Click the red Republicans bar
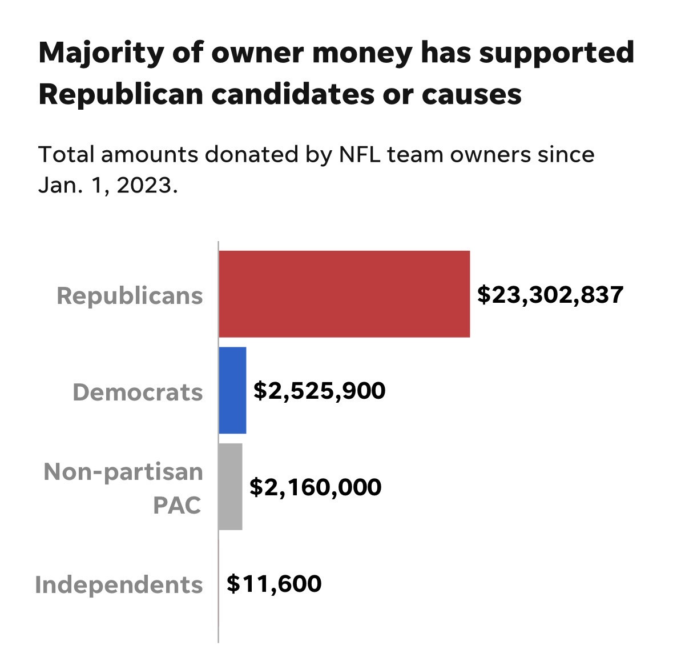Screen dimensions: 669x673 point(344,294)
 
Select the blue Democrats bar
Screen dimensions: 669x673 point(232,390)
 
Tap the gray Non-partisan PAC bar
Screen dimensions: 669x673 point(231,487)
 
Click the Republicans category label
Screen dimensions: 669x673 point(130,296)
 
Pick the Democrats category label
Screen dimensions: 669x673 point(138,392)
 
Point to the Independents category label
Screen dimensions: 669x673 point(119,584)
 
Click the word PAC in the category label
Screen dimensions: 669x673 point(177,504)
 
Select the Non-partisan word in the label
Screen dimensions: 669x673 point(123,472)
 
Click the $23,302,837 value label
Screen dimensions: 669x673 point(550,295)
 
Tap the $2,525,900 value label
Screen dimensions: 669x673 point(320,391)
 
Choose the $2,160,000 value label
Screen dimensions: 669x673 point(316,487)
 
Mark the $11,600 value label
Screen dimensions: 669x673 point(274,584)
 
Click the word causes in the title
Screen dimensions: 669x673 point(471,94)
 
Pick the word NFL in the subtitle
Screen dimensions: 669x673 point(356,155)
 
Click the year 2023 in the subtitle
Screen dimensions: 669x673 point(143,186)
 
